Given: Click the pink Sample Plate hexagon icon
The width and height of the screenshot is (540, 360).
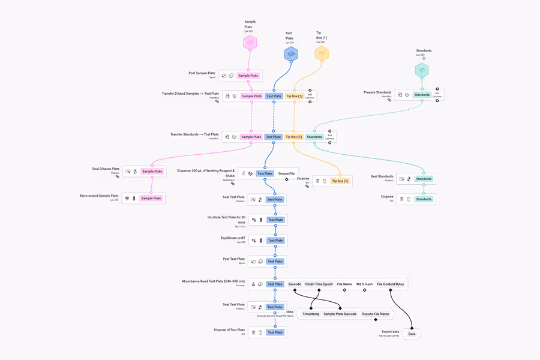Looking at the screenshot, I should (250, 43).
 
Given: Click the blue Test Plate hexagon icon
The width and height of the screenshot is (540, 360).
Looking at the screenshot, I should (291, 54).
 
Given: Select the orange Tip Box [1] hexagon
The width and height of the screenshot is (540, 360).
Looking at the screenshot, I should (322, 54).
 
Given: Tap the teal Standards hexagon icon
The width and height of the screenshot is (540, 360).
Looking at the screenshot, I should (422, 70).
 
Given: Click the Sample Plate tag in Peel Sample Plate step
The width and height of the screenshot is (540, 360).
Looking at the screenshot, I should (248, 76).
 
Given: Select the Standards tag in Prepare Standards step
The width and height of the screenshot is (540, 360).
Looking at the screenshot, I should (422, 95).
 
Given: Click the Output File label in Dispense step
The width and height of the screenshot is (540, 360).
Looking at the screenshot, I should (287, 173).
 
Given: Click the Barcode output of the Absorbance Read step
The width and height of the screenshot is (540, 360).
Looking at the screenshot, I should (295, 284).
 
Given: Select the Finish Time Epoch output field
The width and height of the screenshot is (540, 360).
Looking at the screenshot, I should (319, 284).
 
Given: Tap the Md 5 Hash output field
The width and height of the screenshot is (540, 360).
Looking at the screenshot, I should (364, 284).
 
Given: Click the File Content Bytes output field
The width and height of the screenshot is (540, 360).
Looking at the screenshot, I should (391, 284).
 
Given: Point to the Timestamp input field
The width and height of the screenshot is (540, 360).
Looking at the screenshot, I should (311, 314).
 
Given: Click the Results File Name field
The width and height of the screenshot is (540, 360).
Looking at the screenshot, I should (376, 314).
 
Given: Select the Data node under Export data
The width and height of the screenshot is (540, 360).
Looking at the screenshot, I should (412, 334).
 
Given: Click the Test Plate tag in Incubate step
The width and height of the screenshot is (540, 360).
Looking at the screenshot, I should (275, 220).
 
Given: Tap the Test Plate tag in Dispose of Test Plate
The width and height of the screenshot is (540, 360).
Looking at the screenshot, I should (275, 332).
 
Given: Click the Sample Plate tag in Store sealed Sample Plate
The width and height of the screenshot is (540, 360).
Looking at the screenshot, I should (151, 198).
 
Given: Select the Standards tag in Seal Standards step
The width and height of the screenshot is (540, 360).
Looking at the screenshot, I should (424, 179).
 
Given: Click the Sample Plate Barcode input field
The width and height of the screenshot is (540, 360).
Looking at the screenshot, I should (340, 314).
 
